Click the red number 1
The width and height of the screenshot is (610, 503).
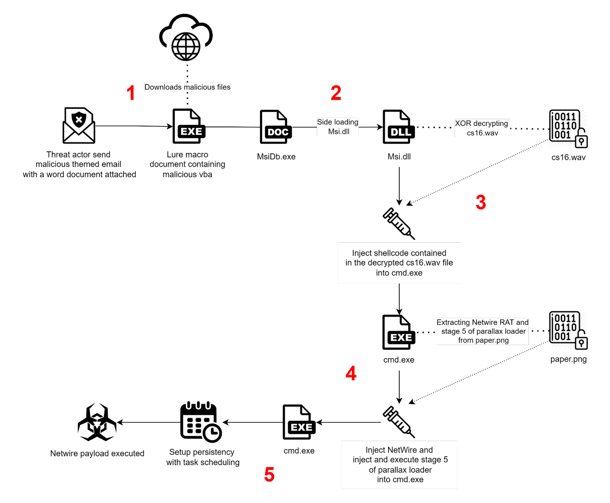tap(130, 92)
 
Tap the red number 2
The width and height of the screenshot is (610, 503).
tap(336, 92)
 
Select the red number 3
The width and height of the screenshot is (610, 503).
tap(481, 202)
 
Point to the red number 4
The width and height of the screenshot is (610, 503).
tap(351, 374)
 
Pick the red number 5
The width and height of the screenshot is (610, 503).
tap(269, 475)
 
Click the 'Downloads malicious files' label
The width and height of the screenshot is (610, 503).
tap(187, 87)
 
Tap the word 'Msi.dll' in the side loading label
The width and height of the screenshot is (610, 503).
tap(338, 132)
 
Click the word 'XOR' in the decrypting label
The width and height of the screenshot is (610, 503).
tap(463, 123)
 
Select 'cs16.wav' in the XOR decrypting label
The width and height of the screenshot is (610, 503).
tap(482, 133)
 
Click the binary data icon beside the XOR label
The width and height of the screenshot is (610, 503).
tap(568, 129)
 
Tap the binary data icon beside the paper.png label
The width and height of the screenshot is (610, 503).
tap(568, 330)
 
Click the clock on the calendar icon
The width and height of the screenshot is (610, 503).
tap(213, 433)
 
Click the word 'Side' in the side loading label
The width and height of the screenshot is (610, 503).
tap(324, 122)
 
